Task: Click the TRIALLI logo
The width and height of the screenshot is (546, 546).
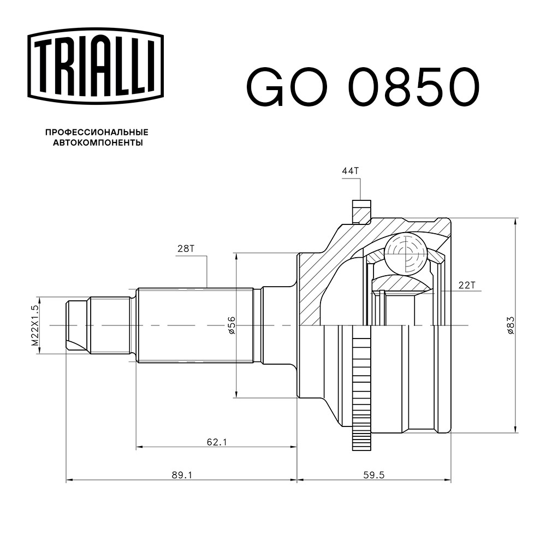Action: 96,66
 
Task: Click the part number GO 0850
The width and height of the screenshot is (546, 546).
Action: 363,87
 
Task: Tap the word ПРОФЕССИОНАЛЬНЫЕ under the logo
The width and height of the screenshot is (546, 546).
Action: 97,132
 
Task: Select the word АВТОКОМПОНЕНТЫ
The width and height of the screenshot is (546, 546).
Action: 98,143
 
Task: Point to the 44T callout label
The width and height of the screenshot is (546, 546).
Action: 351,170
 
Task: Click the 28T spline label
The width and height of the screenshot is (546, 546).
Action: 186,248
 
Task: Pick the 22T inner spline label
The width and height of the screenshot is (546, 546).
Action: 467,285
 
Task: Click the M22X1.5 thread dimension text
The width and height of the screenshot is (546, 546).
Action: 35,325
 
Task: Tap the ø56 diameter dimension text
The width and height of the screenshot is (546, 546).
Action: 232,325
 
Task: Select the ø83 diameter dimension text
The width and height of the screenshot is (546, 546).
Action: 511,325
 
